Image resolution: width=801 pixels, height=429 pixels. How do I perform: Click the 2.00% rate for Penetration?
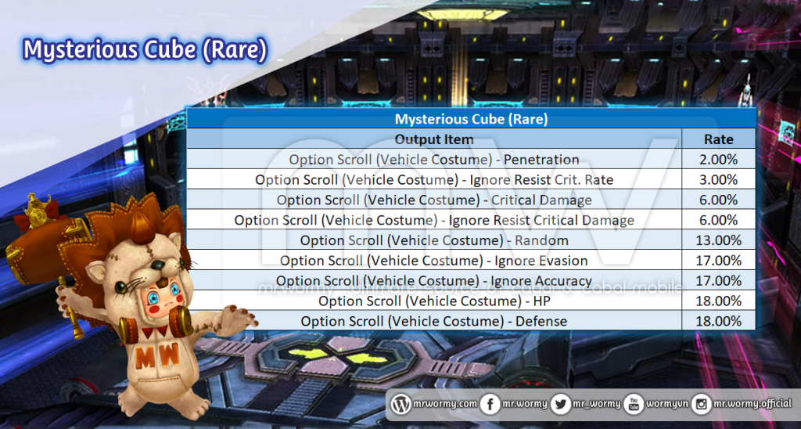pyautogui.click(x=718, y=160)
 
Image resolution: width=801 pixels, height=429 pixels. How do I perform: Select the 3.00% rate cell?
pyautogui.click(x=718, y=179)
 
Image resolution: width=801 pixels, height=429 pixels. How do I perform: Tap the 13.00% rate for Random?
pyautogui.click(x=718, y=240)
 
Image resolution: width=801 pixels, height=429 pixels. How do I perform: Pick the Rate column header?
pyautogui.click(x=718, y=139)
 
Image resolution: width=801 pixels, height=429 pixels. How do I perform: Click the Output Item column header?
pyautogui.click(x=434, y=139)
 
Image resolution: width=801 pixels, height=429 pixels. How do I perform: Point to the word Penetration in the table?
pyautogui.click(x=541, y=160)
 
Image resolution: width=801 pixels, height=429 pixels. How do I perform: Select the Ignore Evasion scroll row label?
pyautogui.click(x=433, y=261)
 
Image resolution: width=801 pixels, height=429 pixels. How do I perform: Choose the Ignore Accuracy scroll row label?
pyautogui.click(x=433, y=281)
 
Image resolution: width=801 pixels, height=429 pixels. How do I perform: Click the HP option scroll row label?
pyautogui.click(x=433, y=301)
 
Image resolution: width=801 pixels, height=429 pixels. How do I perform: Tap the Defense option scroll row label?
pyautogui.click(x=433, y=321)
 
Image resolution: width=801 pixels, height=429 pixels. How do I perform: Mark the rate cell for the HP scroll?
pyautogui.click(x=718, y=301)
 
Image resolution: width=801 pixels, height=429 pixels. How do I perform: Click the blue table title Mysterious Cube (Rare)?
pyautogui.click(x=471, y=119)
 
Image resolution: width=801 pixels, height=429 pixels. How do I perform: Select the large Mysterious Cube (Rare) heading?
pyautogui.click(x=145, y=51)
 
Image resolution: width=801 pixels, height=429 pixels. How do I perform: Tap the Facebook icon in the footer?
pyautogui.click(x=490, y=405)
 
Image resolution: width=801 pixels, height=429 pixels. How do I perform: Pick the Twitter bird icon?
pyautogui.click(x=562, y=405)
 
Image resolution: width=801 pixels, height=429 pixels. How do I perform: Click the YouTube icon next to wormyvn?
pyautogui.click(x=634, y=405)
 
